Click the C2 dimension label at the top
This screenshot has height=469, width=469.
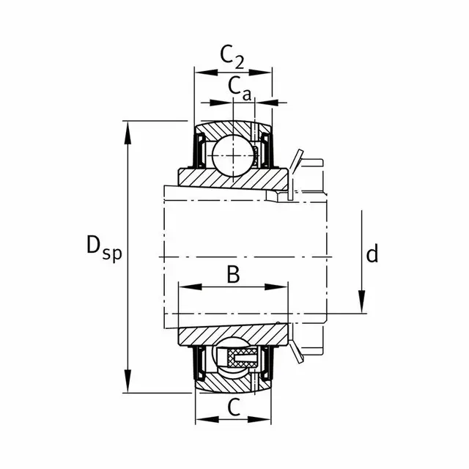tap(232, 57)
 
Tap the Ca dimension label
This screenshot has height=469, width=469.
tap(240, 89)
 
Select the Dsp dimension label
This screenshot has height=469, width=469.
tap(104, 249)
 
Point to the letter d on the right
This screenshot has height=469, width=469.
tap(372, 253)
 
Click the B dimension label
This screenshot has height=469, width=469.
tap(233, 275)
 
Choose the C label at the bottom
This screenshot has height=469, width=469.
tap(234, 407)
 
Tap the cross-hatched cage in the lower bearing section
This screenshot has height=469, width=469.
tap(242, 358)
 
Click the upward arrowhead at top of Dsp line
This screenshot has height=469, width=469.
tap(128, 133)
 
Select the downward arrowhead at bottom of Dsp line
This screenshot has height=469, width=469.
tap(128, 381)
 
